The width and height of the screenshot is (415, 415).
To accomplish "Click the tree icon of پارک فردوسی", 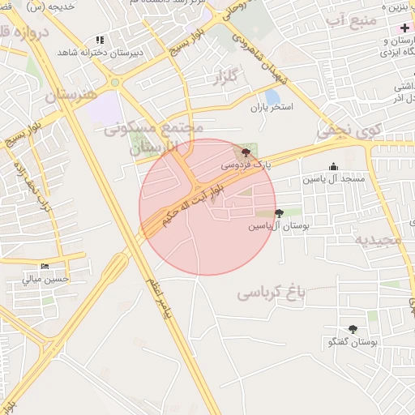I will [246, 152].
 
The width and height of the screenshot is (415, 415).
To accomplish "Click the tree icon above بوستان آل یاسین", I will [280, 213].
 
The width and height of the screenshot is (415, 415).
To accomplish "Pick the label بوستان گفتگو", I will [352, 342].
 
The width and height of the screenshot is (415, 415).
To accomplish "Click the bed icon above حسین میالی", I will [45, 266].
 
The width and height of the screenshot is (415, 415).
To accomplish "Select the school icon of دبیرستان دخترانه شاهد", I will [100, 39].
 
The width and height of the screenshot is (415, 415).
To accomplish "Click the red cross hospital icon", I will [404, 28].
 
